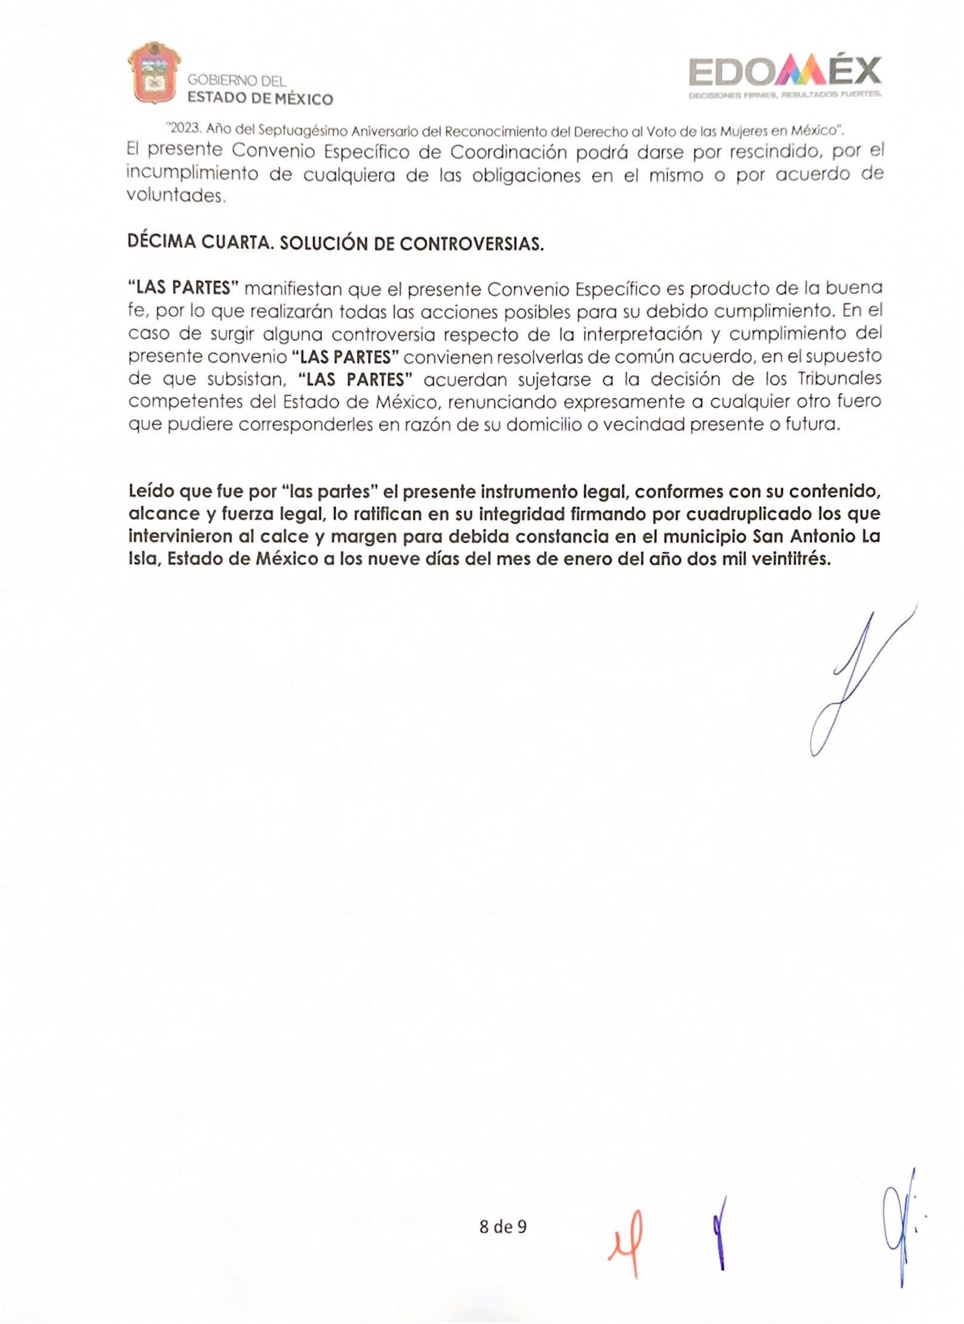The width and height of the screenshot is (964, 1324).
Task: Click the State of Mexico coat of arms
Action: click(154, 73)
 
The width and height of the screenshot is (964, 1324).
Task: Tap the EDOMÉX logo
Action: click(785, 75)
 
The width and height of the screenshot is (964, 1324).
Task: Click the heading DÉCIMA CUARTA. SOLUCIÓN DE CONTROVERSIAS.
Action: click(336, 243)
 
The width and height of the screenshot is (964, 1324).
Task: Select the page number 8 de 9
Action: click(503, 1227)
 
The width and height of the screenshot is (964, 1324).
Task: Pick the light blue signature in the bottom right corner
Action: click(899, 1233)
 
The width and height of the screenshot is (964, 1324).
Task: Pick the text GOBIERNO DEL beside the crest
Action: click(237, 80)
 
